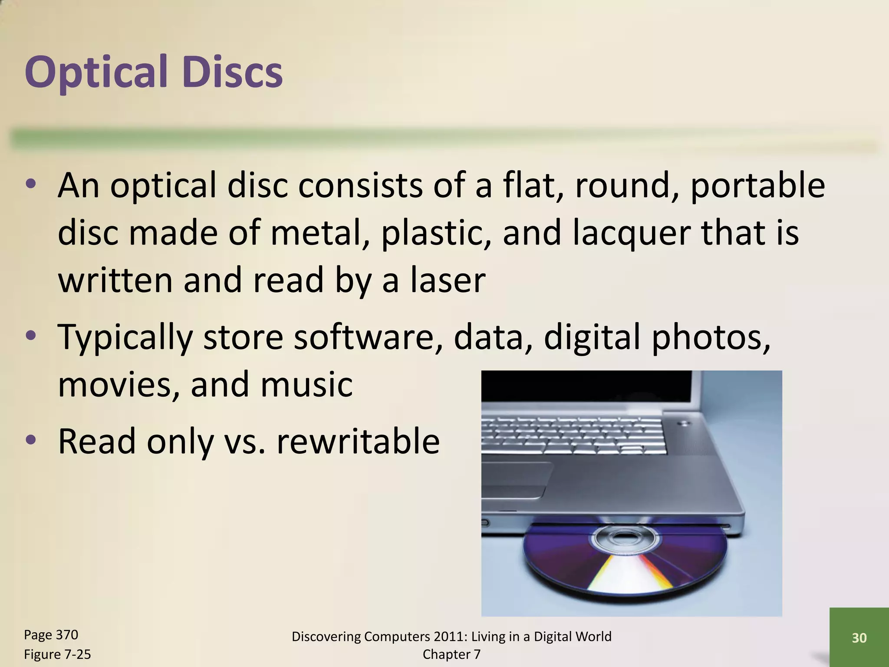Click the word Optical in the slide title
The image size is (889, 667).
pos(96,72)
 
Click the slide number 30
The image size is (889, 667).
pos(859,638)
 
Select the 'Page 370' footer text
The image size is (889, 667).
pos(51,635)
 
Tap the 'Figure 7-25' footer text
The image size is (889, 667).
pos(57,654)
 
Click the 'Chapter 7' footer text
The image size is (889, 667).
pos(451,654)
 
